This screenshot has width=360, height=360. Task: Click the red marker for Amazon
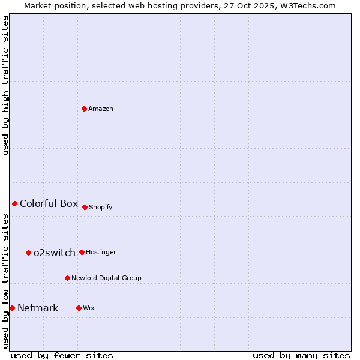[84, 109]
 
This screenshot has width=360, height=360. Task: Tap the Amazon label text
[101, 109]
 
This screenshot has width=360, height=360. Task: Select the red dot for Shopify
[85, 207]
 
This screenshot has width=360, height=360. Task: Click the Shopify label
[101, 208]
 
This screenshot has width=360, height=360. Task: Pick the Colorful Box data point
[14, 203]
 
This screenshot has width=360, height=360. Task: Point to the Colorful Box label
[49, 203]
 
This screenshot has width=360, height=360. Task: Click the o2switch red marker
[28, 253]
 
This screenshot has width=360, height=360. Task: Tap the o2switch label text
[55, 253]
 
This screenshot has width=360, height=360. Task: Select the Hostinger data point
[82, 252]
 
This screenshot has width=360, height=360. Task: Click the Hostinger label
[101, 253]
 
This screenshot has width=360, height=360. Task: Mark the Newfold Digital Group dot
[67, 278]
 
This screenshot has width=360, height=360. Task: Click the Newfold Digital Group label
[106, 278]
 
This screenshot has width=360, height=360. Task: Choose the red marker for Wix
[79, 308]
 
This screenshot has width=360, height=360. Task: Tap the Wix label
[89, 308]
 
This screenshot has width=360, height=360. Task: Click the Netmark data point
[12, 308]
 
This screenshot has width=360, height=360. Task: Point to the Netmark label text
[38, 308]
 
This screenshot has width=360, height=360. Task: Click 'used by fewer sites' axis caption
[62, 355]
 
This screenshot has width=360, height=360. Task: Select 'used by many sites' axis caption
[301, 355]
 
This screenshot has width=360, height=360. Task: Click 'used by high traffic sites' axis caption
[6, 85]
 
